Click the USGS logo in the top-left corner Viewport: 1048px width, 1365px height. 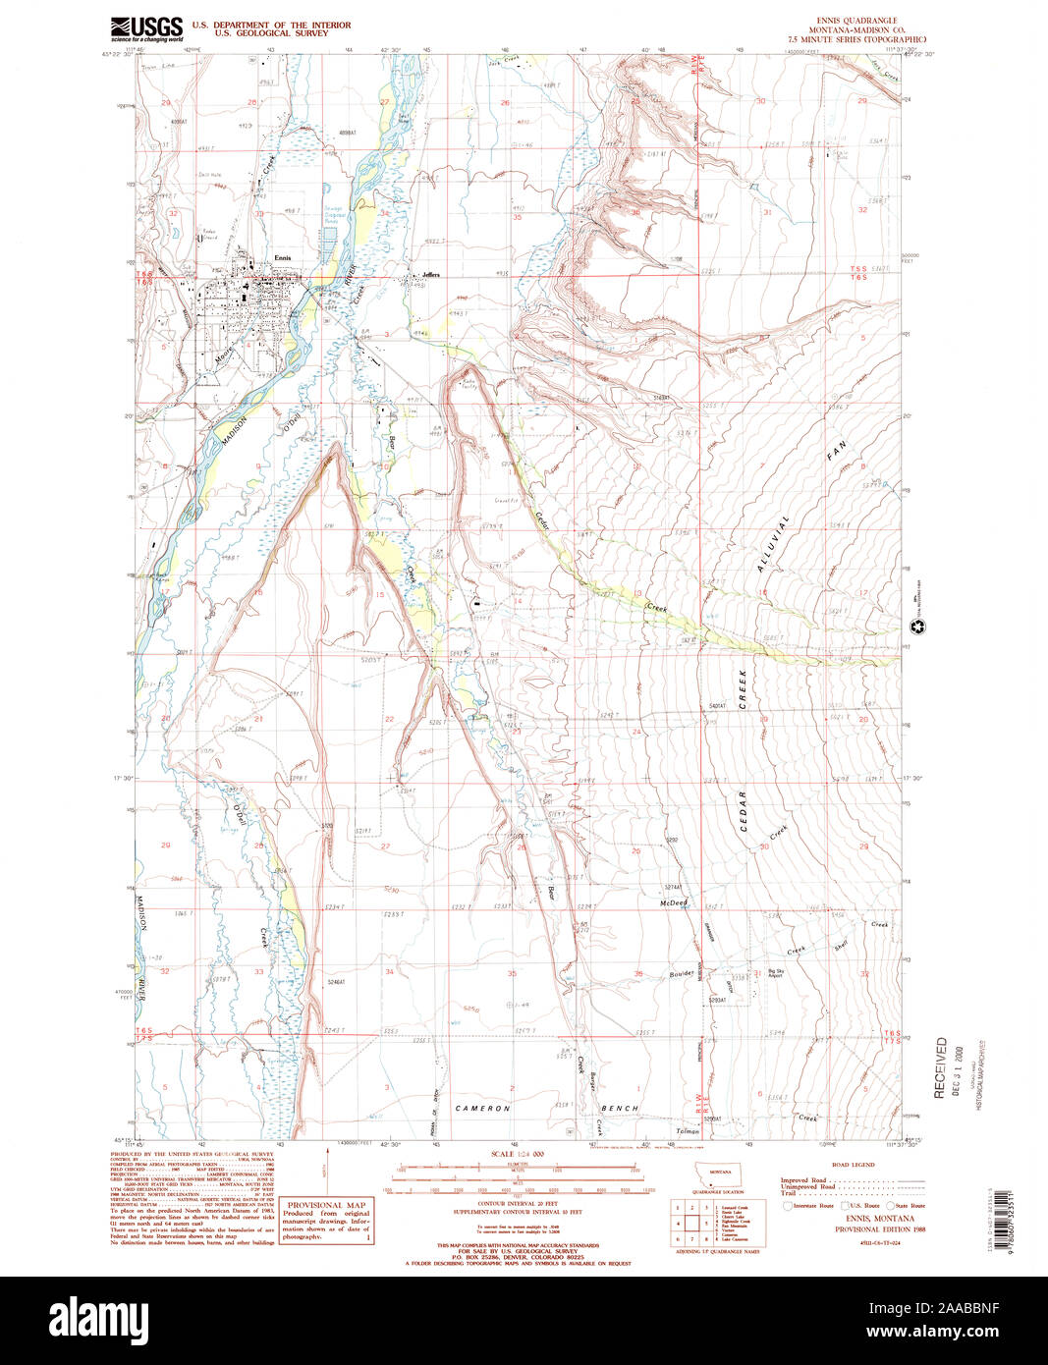146,28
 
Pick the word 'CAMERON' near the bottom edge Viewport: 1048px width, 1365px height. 482,1108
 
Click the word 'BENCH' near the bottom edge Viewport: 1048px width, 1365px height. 619,1108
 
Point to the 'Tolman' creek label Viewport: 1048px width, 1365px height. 688,1131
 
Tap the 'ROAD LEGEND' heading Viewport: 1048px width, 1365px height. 852,1165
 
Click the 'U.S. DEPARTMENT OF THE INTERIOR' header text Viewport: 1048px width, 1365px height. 271,25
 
